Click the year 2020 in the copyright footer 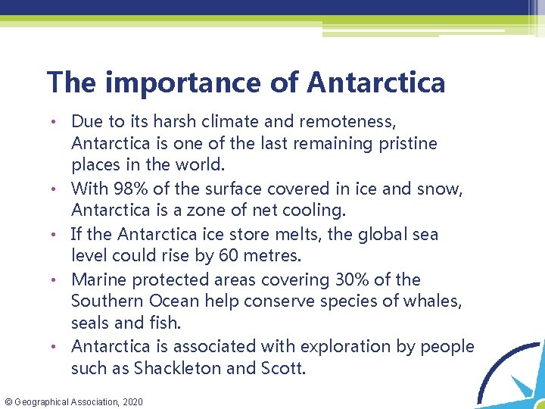[131, 401]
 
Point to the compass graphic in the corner [511, 371]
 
